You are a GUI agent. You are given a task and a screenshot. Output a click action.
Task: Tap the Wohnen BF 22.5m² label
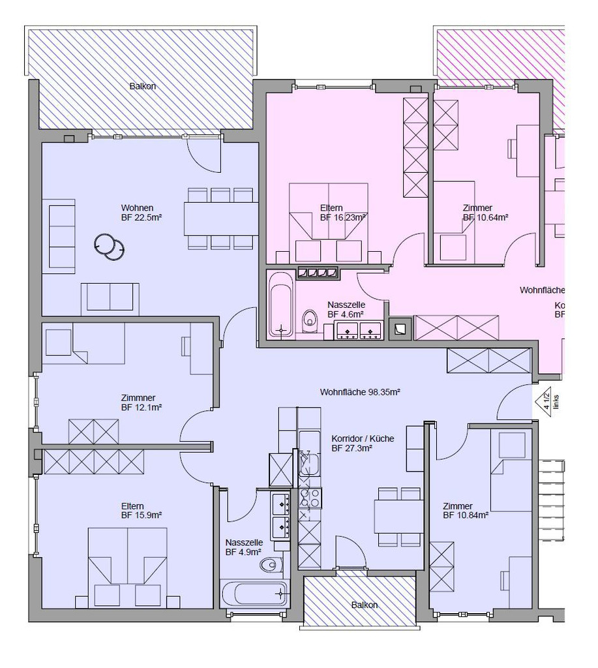point(141,213)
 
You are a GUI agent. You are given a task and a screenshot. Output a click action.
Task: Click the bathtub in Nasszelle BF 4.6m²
point(281,304)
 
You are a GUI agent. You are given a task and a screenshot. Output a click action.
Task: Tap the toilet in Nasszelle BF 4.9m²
point(272,564)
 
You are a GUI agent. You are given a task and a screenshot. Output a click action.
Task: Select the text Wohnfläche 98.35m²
point(359,392)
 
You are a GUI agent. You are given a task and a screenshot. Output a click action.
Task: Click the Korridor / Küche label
point(363,444)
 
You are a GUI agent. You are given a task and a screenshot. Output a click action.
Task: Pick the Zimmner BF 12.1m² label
point(141,402)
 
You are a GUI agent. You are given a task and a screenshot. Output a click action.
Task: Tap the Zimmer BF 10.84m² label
point(466,510)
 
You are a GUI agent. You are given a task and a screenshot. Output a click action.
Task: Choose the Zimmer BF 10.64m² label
point(485,213)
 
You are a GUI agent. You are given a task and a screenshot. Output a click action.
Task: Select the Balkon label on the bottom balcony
point(364,605)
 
